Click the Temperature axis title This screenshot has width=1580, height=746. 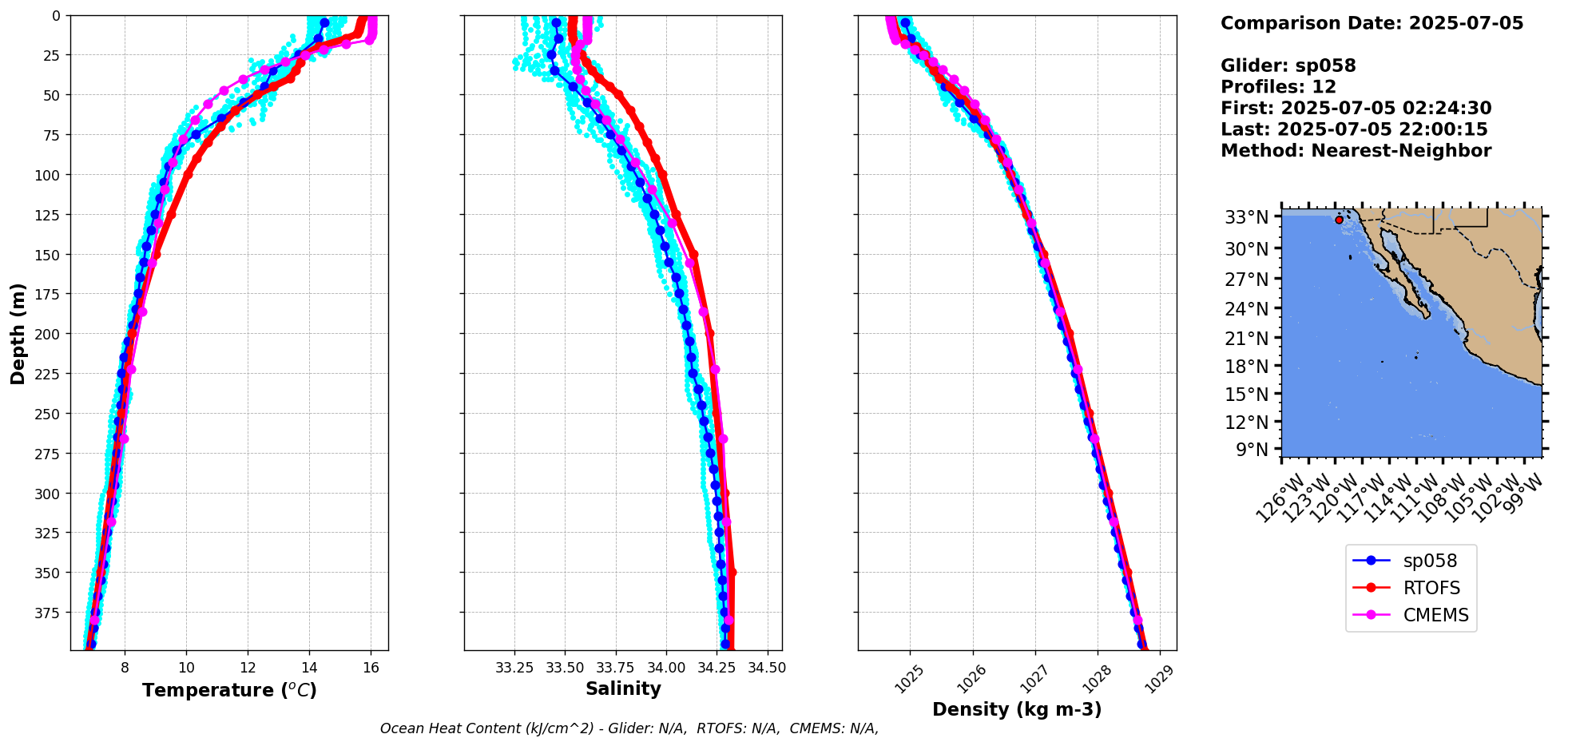229,690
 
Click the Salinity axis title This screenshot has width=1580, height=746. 623,688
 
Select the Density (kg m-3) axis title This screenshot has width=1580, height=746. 1017,709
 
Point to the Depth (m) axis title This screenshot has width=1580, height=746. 18,333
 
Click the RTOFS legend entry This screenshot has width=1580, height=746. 1431,589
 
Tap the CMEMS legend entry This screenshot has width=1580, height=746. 1435,616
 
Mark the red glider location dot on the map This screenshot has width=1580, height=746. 1339,220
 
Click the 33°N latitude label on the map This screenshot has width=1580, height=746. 1247,217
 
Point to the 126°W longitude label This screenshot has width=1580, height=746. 1279,498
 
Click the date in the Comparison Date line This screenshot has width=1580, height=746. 1466,23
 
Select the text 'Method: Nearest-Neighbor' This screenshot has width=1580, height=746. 1356,151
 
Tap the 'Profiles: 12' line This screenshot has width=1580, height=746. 1278,87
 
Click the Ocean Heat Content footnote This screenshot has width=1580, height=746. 629,728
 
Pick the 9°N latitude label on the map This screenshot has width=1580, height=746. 1252,450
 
